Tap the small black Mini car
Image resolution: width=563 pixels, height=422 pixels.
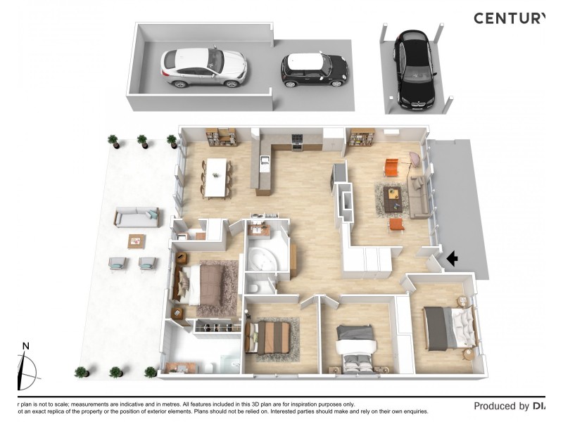[315, 70]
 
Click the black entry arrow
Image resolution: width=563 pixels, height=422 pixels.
[452, 260]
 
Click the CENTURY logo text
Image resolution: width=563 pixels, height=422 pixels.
[509, 19]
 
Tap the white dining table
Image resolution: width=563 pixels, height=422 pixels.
[217, 177]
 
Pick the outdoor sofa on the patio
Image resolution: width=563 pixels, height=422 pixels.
[137, 217]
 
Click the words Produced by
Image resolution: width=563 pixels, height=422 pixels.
[501, 406]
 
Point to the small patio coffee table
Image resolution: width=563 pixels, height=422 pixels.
[137, 241]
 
